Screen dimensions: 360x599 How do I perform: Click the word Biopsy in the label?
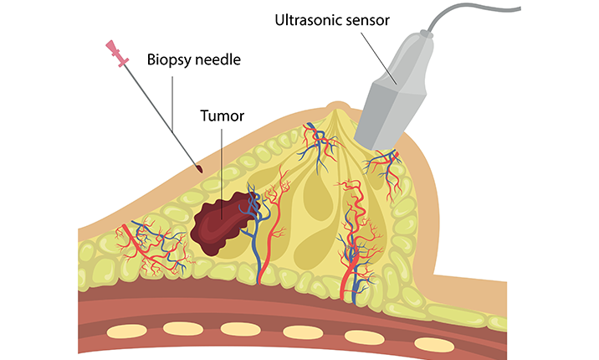click(166, 59)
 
